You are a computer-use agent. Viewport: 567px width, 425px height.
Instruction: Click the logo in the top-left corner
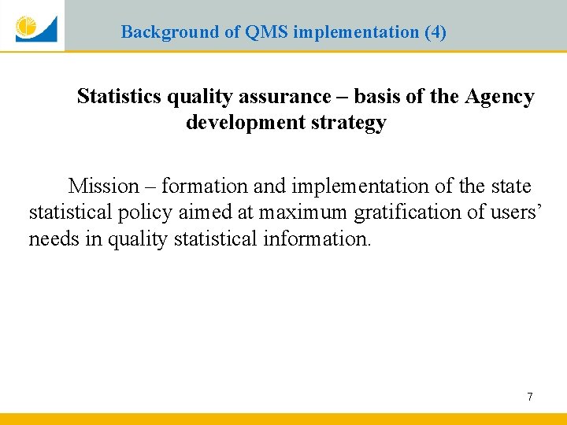point(35,27)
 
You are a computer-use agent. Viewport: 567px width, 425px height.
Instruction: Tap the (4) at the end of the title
point(435,32)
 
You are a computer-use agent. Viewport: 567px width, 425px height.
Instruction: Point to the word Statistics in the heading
point(119,97)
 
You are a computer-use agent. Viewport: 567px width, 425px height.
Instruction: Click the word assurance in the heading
point(294,97)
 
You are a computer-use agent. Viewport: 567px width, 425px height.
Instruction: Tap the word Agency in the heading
point(499,97)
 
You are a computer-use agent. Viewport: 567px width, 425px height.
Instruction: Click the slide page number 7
point(529,397)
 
